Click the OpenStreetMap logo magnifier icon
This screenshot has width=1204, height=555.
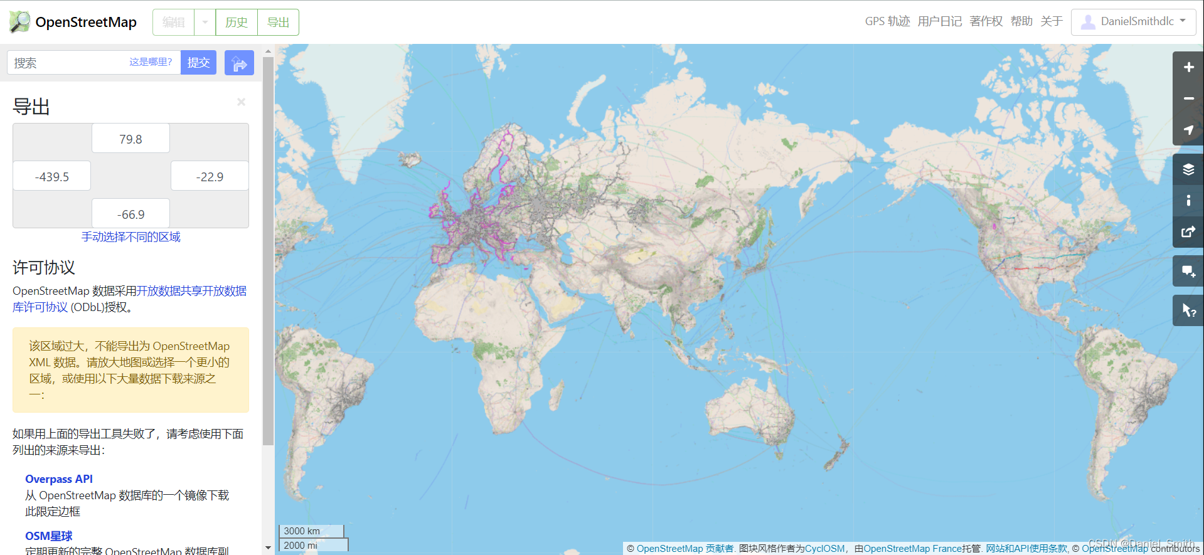point(19,22)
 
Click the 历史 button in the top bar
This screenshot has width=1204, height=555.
point(237,23)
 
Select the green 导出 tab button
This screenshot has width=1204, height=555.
point(278,23)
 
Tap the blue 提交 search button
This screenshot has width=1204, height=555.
point(198,63)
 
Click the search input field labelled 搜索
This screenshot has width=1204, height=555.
point(69,63)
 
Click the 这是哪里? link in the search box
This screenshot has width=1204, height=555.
point(151,62)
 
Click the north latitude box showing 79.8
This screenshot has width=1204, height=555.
point(131,139)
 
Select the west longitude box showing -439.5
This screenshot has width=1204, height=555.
point(52,177)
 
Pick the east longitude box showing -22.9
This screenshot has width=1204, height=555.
point(210,177)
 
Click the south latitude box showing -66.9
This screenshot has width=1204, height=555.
point(131,214)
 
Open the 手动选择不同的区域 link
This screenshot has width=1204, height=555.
point(131,237)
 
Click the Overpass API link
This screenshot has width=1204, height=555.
point(59,479)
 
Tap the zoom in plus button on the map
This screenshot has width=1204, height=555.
point(1188,67)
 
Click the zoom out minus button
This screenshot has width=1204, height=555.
point(1188,98)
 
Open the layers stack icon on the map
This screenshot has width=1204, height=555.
point(1188,169)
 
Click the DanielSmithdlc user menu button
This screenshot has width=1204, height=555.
point(1133,22)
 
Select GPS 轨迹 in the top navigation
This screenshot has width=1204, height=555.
point(887,21)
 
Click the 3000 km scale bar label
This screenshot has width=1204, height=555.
point(302,531)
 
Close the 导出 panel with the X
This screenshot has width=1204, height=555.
point(241,102)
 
